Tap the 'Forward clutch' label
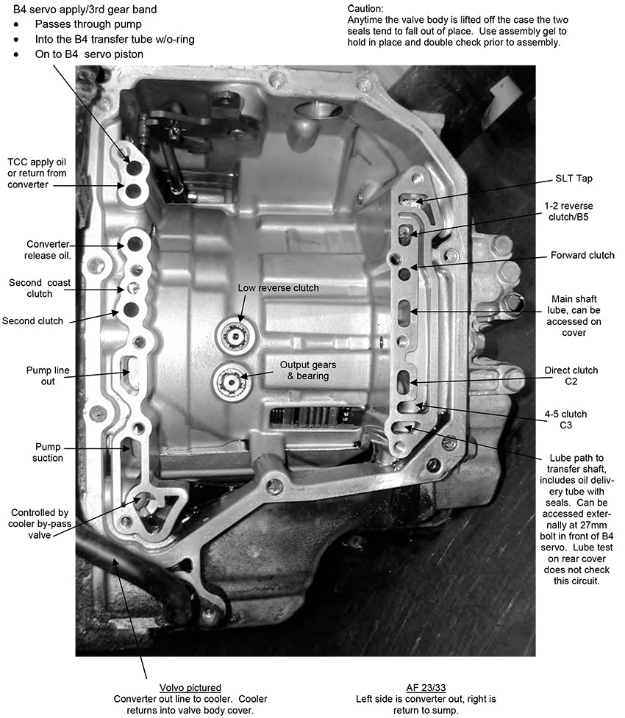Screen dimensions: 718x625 [x=582, y=256]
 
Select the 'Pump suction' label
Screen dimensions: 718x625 [x=49, y=452]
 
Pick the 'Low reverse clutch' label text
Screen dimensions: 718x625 [x=278, y=288]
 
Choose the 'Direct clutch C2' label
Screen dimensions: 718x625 [x=571, y=376]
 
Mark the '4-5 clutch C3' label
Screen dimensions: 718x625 [x=571, y=420]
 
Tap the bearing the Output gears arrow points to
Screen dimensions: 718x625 [x=230, y=381]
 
